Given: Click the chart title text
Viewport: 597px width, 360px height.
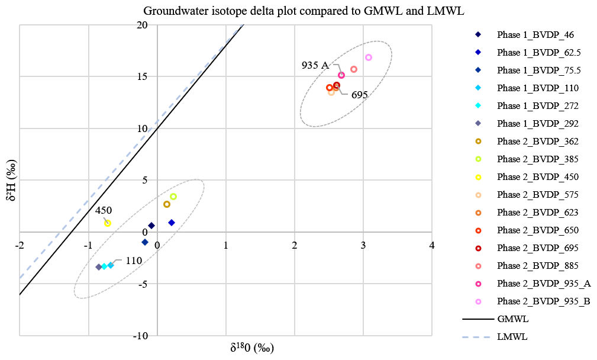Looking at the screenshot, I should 303,11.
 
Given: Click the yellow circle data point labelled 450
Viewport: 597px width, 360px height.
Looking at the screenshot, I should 108,223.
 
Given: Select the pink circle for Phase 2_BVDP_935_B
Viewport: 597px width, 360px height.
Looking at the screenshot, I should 369,57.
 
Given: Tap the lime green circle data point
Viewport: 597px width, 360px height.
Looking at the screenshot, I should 173,197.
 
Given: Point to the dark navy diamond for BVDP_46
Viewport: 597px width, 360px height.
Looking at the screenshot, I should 151,226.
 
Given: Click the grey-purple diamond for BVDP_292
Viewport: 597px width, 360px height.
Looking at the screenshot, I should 99,267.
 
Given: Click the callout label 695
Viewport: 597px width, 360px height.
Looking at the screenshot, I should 360,95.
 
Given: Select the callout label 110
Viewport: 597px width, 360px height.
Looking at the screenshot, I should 134,261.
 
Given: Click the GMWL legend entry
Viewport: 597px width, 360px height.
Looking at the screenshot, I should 513,319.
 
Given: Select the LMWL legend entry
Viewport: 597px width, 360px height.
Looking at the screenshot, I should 513,337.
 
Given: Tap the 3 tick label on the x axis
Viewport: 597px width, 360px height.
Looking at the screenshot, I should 363,244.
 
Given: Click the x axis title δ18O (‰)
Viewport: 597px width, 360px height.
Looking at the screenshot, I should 253,348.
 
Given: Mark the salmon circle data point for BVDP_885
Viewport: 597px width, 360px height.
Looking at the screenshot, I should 354,69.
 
